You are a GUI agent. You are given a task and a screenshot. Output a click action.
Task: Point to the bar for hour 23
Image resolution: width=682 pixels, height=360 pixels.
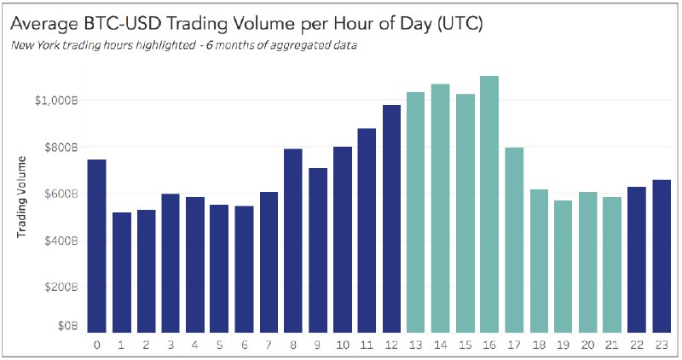point(662,256)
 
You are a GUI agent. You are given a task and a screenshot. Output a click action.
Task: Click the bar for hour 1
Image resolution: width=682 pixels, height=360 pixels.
point(122,272)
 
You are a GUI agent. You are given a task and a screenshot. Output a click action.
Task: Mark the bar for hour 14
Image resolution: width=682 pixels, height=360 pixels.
point(440,208)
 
